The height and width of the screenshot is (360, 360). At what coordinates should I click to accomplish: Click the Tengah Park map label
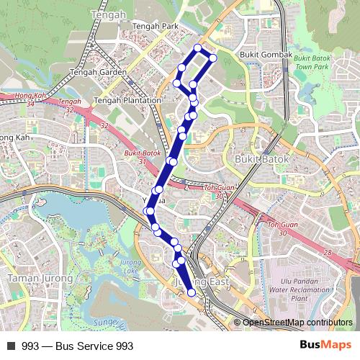coord(156,26)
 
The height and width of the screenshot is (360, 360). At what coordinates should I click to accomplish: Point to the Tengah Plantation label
coord(127,100)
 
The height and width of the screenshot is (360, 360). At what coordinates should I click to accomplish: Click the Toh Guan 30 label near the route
coord(219,192)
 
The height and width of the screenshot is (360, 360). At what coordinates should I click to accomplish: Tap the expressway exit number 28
coord(328,252)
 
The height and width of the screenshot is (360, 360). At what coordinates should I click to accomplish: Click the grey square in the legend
coord(11,346)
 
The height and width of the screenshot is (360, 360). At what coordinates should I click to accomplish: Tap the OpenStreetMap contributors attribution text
coord(297,323)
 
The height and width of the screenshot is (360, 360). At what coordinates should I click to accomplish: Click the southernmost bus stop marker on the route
coord(192,292)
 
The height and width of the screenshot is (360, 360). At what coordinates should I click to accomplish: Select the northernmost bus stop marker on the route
coord(199,48)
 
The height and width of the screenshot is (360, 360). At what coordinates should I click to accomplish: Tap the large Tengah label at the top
coord(109,14)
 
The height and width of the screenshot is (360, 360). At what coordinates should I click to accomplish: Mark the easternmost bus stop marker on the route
coord(213,58)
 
